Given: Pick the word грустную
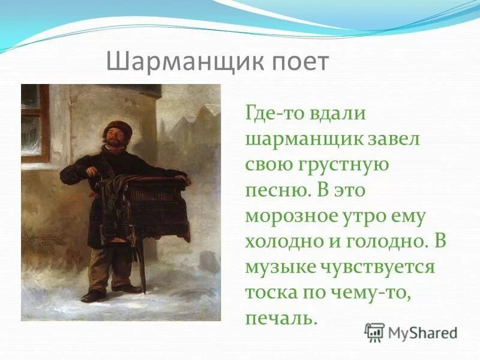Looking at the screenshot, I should (x=350, y=165).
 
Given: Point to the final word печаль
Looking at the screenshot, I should (x=280, y=318).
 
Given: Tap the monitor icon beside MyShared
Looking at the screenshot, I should (x=374, y=332).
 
